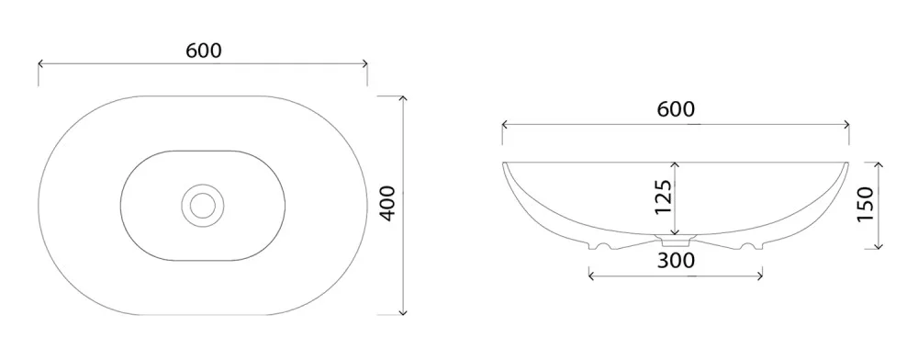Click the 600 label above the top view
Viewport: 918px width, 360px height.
click(x=204, y=51)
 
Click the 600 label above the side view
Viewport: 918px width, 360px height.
click(x=676, y=109)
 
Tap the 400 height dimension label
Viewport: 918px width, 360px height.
click(x=387, y=203)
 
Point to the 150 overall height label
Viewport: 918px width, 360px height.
click(x=865, y=203)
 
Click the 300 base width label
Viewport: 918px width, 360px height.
click(x=677, y=260)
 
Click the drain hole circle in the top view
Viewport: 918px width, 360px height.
click(x=203, y=204)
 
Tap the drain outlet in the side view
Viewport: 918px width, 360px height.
click(x=677, y=239)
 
